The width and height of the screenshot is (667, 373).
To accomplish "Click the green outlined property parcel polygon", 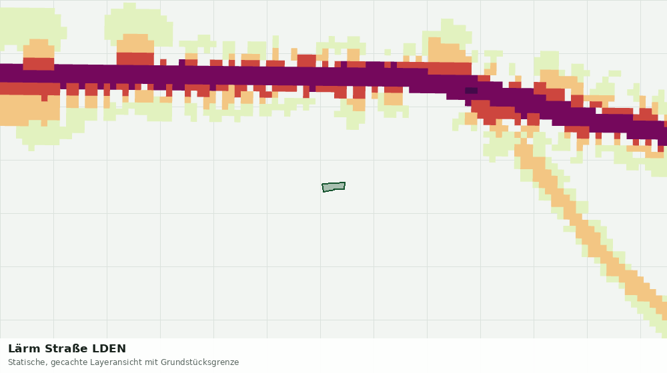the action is (333, 187).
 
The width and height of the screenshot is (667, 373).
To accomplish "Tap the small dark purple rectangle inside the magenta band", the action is (471, 91).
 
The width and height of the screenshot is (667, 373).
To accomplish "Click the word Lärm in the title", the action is (24, 349).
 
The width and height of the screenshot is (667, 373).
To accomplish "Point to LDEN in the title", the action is (109, 349).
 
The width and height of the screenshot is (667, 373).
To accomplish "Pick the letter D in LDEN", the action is (103, 349).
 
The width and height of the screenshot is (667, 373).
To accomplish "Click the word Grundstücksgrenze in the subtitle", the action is (199, 363).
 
